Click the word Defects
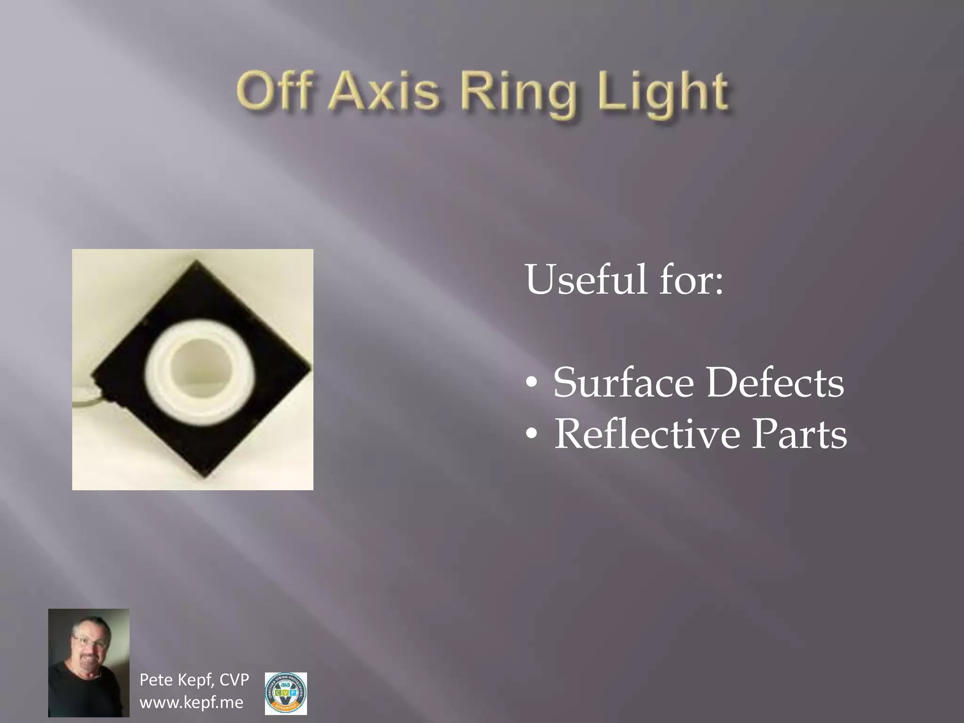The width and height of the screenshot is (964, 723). tap(774, 382)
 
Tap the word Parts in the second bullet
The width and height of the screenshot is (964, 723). tap(799, 434)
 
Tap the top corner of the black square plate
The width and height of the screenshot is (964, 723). tap(195, 261)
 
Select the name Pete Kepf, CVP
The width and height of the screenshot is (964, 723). tap(194, 680)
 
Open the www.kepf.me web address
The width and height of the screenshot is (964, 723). tap(192, 702)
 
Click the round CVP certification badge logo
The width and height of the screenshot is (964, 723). tap(286, 693)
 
